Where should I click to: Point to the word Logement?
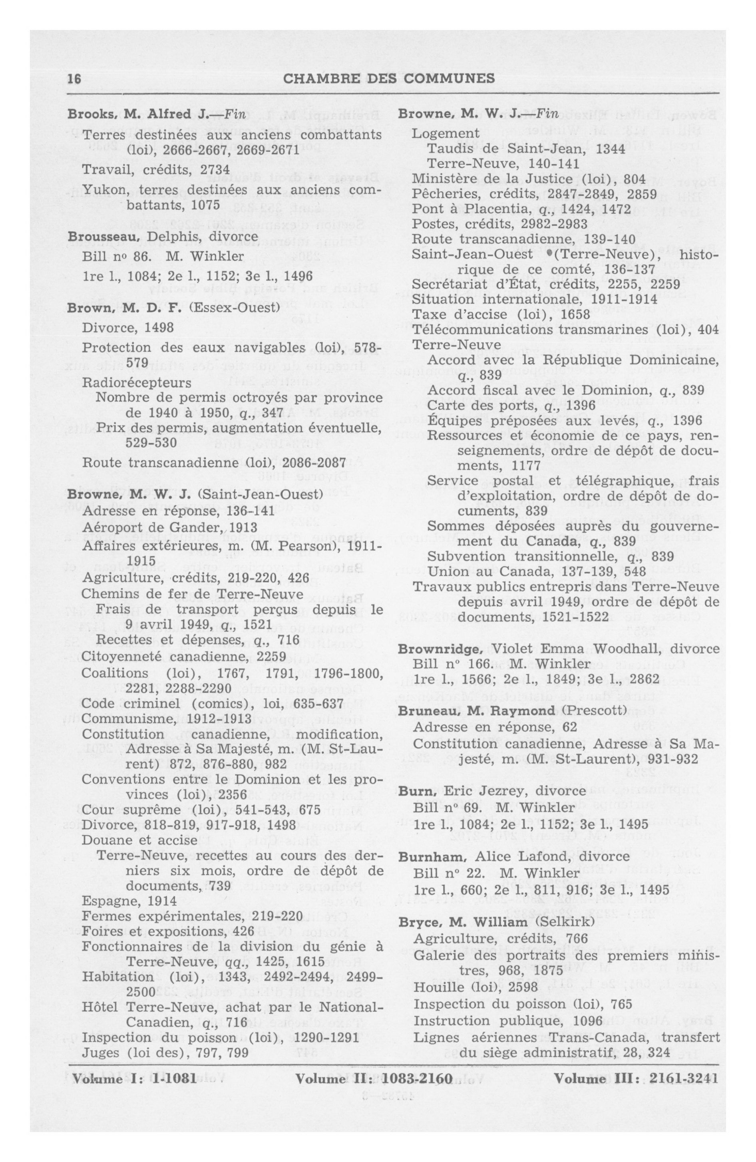click(446, 133)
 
